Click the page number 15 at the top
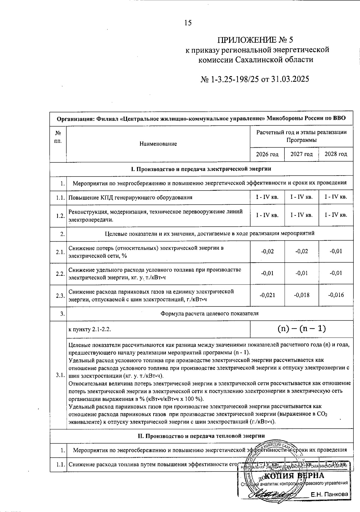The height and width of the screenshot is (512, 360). click(188, 23)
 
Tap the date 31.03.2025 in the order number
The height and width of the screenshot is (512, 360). click(289, 79)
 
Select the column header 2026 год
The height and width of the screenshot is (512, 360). click(267, 154)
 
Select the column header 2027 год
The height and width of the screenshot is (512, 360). click(301, 154)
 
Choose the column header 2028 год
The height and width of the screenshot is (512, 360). click(336, 154)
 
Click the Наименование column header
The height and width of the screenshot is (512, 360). click(158, 144)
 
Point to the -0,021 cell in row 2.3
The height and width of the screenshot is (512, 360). click(267, 295)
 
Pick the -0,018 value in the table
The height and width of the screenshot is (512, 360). click(301, 295)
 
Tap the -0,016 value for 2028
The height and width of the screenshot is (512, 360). click(336, 295)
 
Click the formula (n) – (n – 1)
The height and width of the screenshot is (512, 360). click(301, 329)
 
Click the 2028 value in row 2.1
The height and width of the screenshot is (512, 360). click(336, 251)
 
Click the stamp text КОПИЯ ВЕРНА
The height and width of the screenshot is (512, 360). click(295, 476)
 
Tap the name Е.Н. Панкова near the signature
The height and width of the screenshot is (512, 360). click(329, 494)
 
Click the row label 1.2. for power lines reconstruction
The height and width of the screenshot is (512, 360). click(60, 216)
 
